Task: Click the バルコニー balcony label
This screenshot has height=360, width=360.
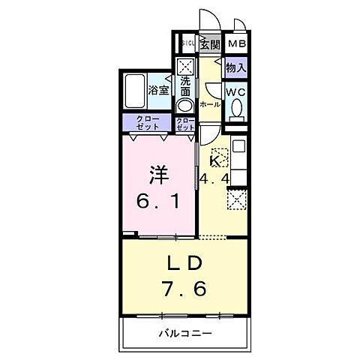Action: [x=184, y=332]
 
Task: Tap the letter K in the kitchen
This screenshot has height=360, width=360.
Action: [x=215, y=161]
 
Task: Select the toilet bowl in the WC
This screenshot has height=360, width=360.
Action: [x=237, y=111]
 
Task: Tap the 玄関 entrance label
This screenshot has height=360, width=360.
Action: [x=210, y=43]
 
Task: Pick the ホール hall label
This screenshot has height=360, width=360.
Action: [x=211, y=104]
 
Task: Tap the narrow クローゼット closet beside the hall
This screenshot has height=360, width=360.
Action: [x=185, y=123]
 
